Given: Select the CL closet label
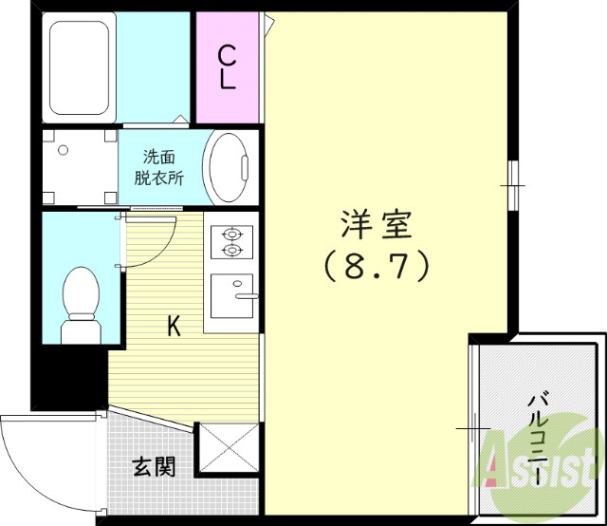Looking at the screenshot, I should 228,66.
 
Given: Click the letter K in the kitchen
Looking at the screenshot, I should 174,327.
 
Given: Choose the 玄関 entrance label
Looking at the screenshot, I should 153,466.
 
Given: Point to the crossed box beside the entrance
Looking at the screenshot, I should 228,450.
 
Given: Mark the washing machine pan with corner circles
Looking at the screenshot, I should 80,167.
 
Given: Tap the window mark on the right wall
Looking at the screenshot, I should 513,181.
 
